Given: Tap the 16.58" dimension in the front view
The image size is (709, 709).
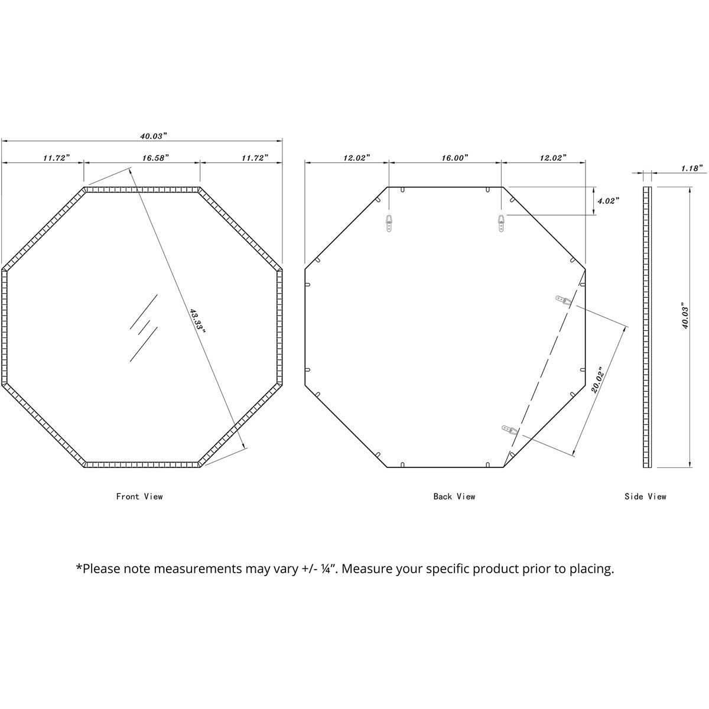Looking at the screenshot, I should pyautogui.click(x=155, y=158).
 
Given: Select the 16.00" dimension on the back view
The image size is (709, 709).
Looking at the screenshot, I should pyautogui.click(x=454, y=158).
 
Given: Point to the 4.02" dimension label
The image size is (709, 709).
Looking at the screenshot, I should pyautogui.click(x=608, y=201).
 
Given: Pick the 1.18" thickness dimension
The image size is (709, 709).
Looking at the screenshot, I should pyautogui.click(x=691, y=168).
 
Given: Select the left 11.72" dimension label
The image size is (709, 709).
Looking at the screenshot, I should pyautogui.click(x=56, y=158).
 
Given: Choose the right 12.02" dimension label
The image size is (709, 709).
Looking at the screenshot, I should pyautogui.click(x=552, y=158).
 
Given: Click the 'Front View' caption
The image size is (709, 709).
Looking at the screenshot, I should pyautogui.click(x=139, y=497).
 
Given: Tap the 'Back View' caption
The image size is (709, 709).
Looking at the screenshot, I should pyautogui.click(x=454, y=497).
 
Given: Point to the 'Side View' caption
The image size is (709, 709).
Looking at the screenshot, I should pyautogui.click(x=645, y=497).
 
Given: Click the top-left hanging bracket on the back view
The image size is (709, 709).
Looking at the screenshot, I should pyautogui.click(x=389, y=223).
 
